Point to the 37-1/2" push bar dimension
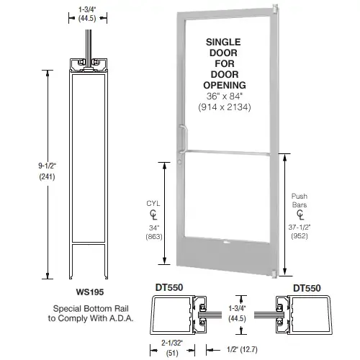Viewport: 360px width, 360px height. [303, 233]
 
